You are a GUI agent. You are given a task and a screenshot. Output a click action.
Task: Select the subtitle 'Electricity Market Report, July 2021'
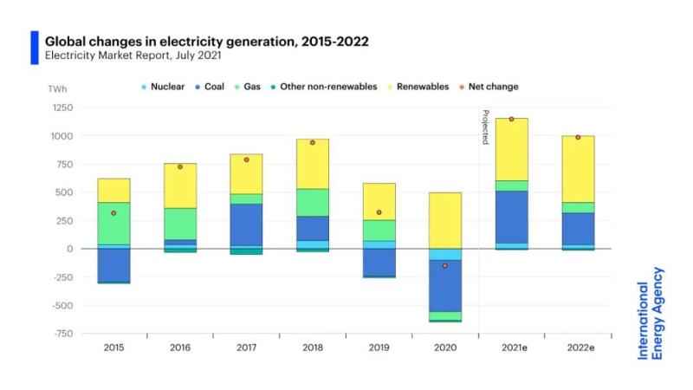133,55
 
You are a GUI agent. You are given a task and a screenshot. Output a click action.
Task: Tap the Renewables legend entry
422,87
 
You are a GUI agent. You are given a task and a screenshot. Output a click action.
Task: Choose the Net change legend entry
493,87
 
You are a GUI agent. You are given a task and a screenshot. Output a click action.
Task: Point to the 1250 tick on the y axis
62,107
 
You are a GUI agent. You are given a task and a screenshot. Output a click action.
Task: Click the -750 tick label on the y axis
62,333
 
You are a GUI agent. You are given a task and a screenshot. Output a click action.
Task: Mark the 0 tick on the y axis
69,249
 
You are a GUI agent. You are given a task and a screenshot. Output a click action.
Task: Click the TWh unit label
57,88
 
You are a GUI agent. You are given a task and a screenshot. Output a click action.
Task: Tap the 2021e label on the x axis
511,348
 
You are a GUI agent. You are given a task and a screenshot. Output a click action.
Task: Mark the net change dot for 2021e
511,119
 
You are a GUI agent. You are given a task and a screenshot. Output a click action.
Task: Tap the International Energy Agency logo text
650,313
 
